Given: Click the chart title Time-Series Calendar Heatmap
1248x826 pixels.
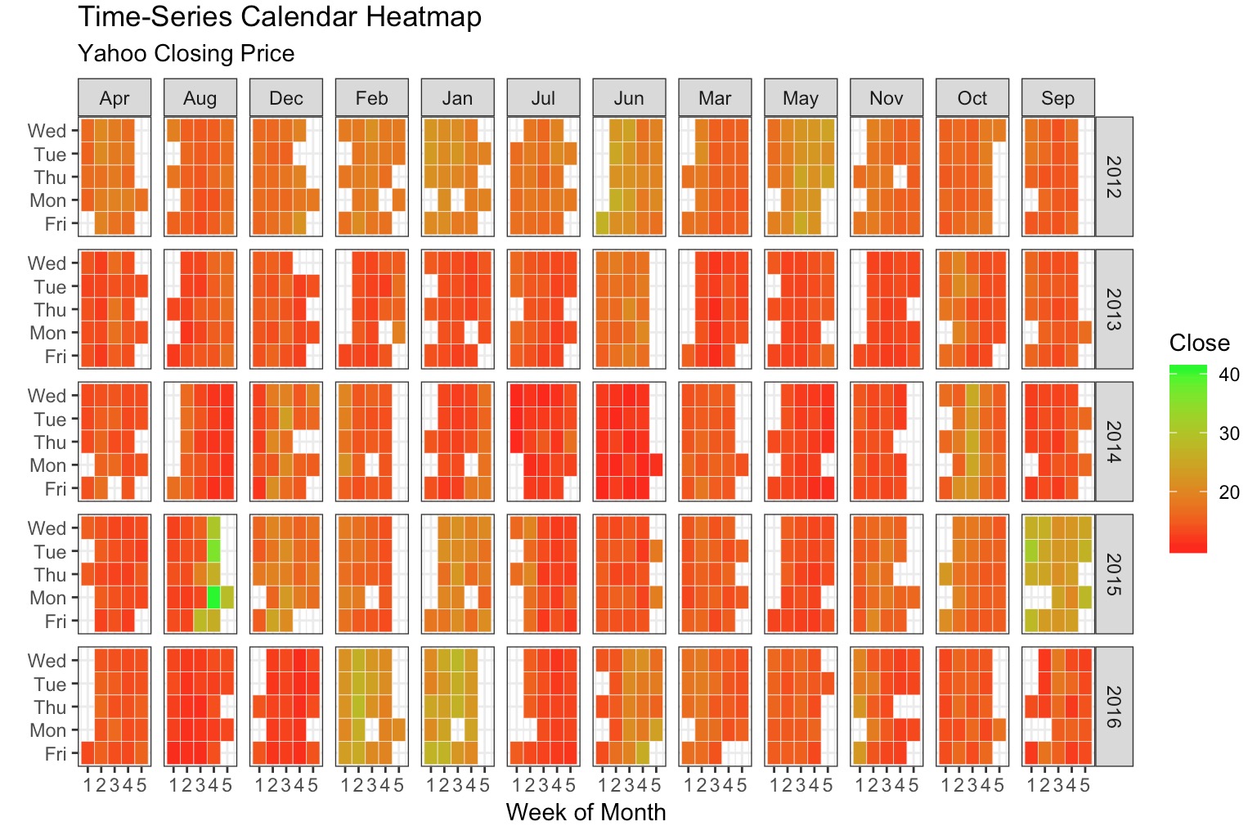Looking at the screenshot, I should coord(279,17).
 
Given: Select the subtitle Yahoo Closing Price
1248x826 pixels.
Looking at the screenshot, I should coord(186,54).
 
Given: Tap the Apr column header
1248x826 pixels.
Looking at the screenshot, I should coord(114,98).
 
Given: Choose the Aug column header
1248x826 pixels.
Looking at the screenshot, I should coord(200,98).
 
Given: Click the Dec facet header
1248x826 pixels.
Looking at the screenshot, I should coord(286,98).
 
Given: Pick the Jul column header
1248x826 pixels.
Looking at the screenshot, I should coord(543,98).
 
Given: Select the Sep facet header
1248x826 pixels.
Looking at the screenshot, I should coord(1057,98).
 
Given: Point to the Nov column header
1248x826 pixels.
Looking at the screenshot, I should coord(886,98).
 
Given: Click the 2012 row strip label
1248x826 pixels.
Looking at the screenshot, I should coord(1113,177).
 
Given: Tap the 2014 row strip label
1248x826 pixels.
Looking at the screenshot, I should coord(1113,442).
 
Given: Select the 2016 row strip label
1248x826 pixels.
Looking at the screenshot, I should coord(1113,707).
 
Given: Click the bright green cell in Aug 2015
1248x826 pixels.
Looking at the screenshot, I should coord(213,598).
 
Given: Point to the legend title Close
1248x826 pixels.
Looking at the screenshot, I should coord(1199,343).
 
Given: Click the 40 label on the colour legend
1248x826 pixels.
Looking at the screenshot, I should coord(1228,375).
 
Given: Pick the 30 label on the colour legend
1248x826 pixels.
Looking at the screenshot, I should coord(1228,433).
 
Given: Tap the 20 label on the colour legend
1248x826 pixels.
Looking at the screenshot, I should coord(1228,492).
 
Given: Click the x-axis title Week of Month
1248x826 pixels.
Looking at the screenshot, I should coord(586,812).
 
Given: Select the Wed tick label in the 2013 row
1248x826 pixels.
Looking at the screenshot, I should coord(47,263).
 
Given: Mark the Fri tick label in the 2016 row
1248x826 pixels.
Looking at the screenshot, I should coord(55,753).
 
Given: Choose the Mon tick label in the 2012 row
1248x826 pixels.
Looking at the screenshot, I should coord(47,200).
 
